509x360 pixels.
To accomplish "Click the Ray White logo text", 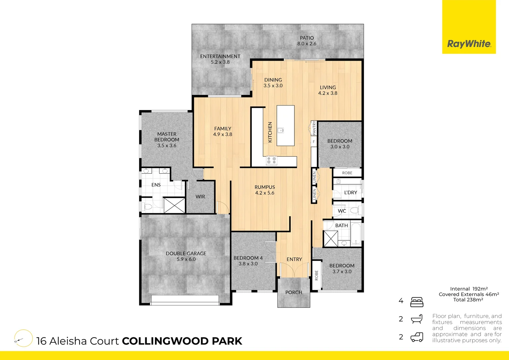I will (469, 44).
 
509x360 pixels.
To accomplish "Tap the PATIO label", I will (307, 38).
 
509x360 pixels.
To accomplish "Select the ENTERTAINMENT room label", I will (220, 56).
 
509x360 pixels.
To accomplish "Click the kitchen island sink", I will (281, 130).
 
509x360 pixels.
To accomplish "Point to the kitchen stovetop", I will (271, 161).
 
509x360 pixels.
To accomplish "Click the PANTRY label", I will (314, 128).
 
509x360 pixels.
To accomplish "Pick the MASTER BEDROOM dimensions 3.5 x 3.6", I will (167, 145).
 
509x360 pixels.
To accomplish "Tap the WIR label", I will (200, 197).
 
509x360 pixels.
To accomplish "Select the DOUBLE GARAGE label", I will (186, 253).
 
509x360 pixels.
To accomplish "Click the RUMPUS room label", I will (265, 187).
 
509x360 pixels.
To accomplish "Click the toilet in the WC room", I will (354, 210).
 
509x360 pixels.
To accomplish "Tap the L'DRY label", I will (350, 193).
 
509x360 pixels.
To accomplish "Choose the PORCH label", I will (294, 292).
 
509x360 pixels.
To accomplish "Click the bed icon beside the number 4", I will (417, 302).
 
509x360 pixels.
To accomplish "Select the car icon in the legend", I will (417, 337).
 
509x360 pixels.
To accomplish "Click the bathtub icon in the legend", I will (417, 319).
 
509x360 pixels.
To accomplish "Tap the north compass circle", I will (23, 338).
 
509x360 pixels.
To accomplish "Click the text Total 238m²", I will (468, 300).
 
